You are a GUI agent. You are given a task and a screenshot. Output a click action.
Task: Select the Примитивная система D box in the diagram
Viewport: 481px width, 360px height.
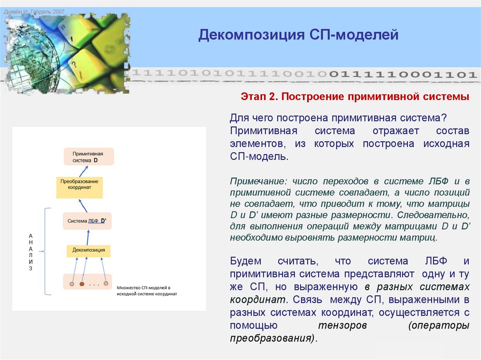[x=88, y=157]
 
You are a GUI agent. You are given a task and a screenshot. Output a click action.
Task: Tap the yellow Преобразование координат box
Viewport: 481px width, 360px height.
[x=79, y=187]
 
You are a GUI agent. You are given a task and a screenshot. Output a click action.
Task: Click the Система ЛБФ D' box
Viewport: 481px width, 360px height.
[x=87, y=221]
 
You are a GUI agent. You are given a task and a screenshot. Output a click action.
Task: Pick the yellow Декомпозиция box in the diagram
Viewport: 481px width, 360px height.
[x=88, y=251]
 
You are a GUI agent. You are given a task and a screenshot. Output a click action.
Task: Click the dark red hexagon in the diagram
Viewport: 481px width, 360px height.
[x=82, y=284]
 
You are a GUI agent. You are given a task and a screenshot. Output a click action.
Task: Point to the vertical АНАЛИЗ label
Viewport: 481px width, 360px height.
[x=31, y=252]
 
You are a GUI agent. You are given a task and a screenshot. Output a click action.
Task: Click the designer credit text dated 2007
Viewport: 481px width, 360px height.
[x=34, y=11]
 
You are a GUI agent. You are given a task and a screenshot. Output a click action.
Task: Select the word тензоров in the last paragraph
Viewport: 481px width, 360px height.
[x=342, y=325]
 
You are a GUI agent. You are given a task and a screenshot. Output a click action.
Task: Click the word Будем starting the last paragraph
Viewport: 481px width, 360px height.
[x=246, y=261]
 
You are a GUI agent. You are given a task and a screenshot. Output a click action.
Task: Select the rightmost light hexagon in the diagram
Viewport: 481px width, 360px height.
[x=107, y=283]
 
